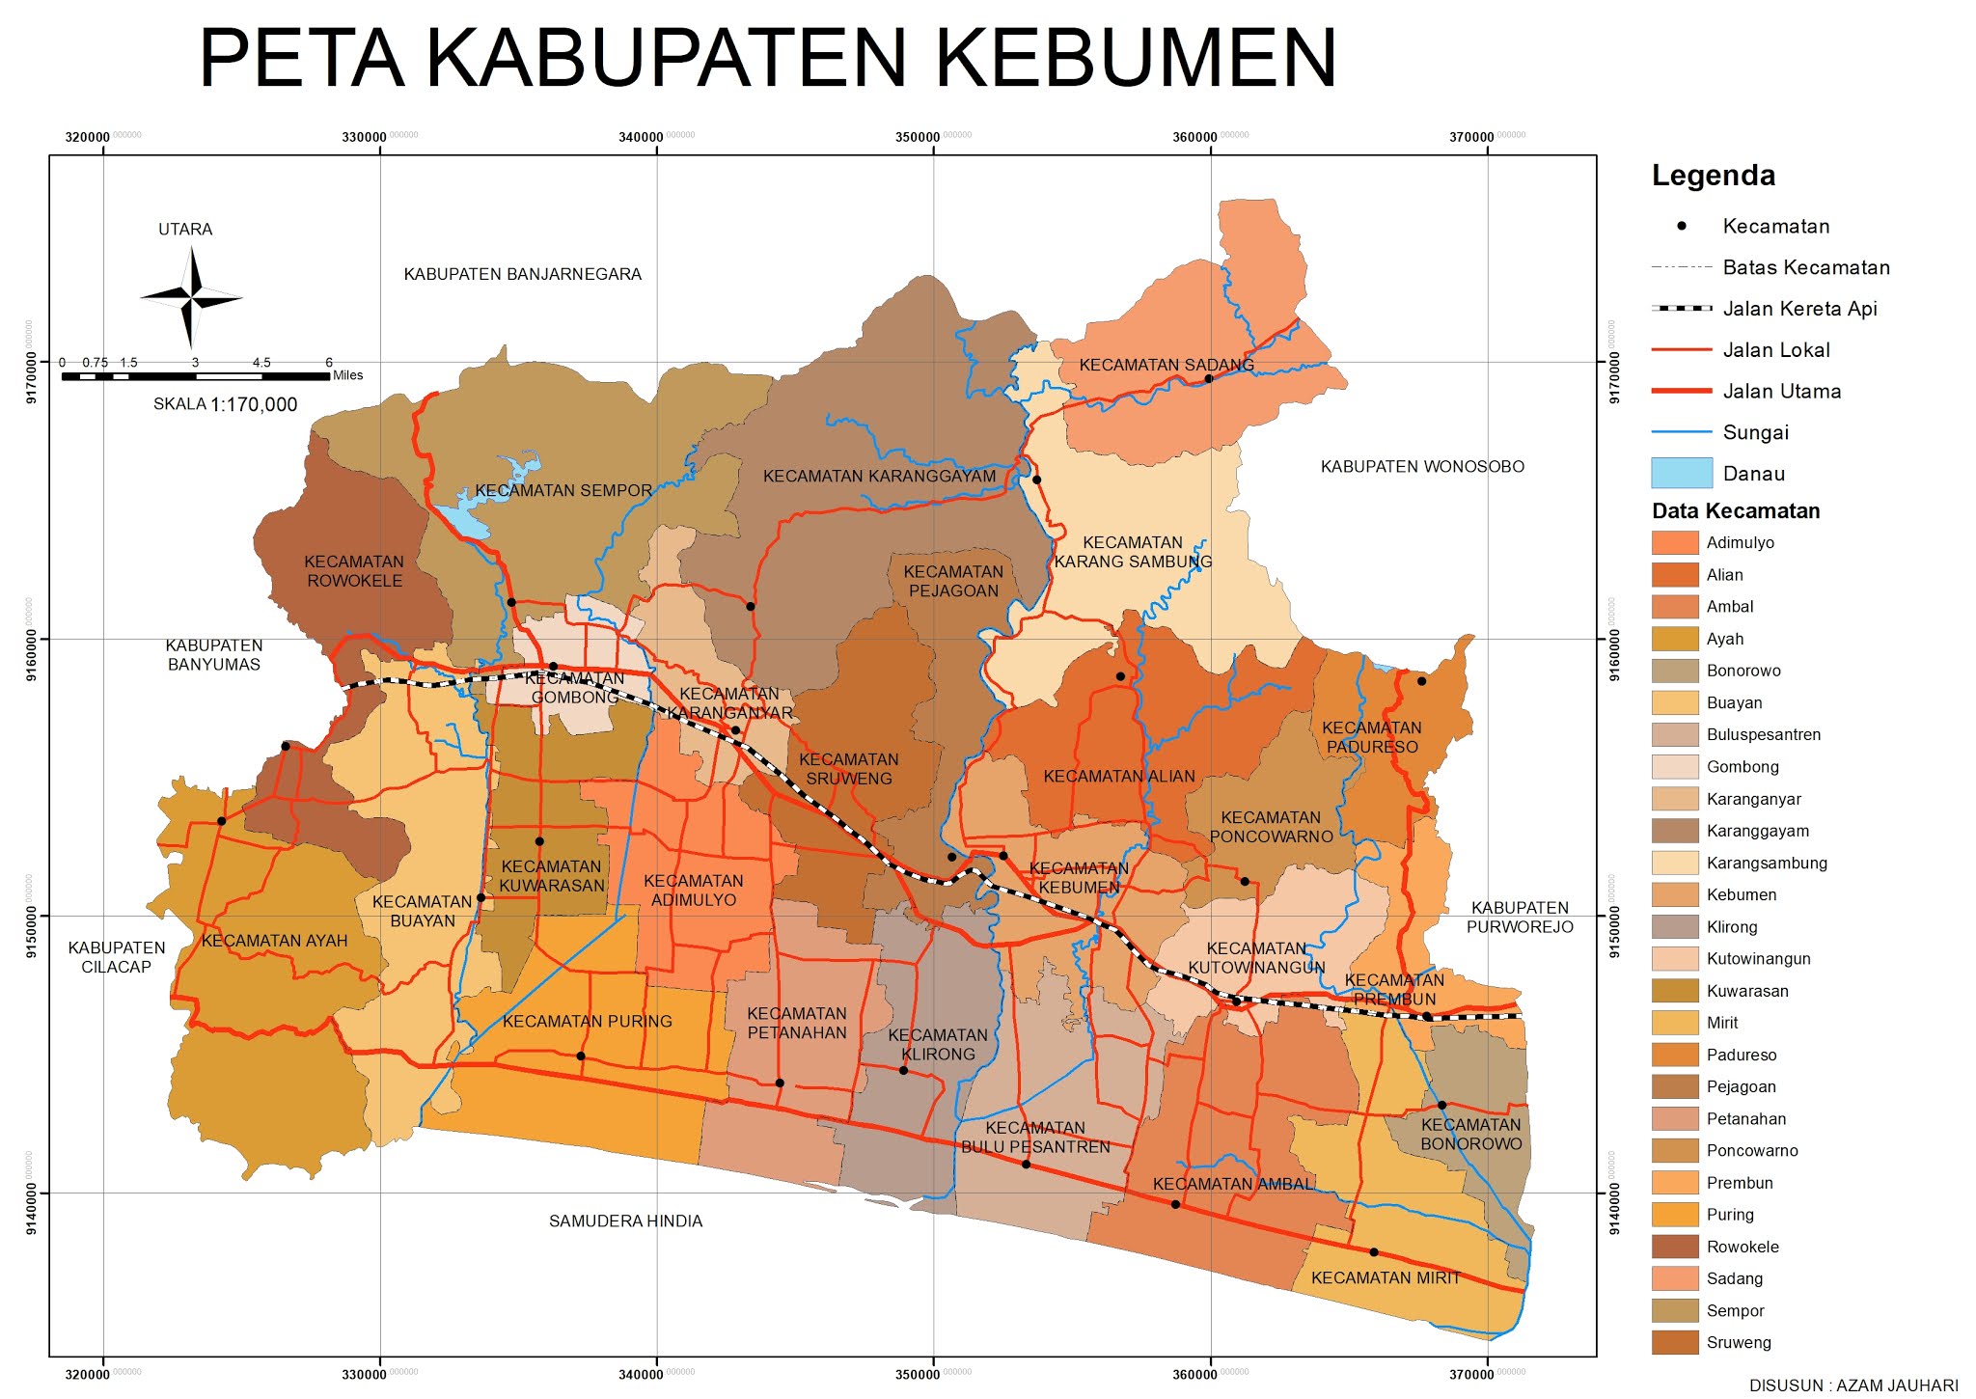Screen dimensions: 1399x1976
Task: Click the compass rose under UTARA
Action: click(191, 298)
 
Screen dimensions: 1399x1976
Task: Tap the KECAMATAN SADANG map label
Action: click(1166, 365)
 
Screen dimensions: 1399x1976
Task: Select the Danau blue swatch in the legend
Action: click(1681, 473)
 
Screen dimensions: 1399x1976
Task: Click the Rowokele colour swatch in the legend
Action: click(1674, 1247)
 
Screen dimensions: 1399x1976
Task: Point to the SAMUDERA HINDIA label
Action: click(625, 1221)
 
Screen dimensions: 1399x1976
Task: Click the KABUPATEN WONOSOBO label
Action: click(1421, 467)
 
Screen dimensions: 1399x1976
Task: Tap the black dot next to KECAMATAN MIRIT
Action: click(1374, 1252)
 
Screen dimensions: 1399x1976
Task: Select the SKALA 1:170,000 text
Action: click(225, 404)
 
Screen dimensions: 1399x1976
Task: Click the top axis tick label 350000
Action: click(917, 137)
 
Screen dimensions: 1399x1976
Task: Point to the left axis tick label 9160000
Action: click(31, 638)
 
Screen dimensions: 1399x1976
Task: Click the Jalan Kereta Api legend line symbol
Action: click(1681, 309)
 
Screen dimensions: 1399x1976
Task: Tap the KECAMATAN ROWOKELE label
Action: click(354, 571)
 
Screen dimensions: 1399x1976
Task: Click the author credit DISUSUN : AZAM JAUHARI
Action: click(1852, 1385)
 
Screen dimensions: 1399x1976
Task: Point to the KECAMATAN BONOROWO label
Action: click(1470, 1135)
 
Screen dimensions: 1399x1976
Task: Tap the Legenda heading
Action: click(1713, 176)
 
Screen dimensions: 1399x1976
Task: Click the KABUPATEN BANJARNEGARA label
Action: click(522, 274)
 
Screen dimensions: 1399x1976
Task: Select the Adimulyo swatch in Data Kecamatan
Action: click(1674, 542)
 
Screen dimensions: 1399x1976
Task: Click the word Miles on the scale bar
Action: click(347, 375)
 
